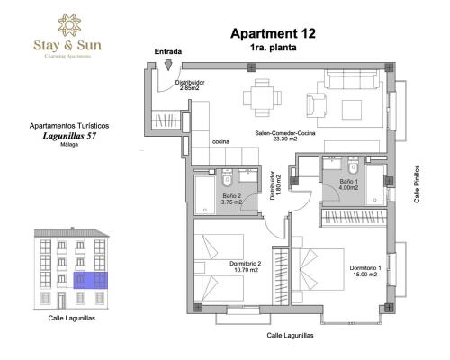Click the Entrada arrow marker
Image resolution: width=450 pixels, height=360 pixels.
[x=168, y=65]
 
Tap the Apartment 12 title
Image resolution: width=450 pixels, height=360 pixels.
[x=273, y=33]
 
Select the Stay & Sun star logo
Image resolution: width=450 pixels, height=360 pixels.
[x=69, y=25]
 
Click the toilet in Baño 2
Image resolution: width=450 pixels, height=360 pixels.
[x=227, y=178]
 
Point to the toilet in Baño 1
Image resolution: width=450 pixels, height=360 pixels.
[x=353, y=166]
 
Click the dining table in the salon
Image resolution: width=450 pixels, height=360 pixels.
[x=263, y=97]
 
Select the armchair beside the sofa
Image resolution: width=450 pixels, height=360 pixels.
[x=316, y=105]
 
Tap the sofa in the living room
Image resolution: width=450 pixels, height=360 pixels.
[x=352, y=78]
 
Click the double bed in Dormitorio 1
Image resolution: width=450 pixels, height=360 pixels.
[x=321, y=269]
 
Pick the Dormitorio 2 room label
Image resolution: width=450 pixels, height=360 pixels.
[x=246, y=264]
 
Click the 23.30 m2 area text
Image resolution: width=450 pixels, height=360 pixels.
[x=285, y=139]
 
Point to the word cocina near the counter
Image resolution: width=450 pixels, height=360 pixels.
[x=220, y=142]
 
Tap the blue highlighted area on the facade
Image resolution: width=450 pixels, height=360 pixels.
[x=91, y=280]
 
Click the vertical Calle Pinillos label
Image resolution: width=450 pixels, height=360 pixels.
[x=417, y=184]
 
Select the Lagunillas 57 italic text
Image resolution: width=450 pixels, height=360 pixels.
[x=69, y=136]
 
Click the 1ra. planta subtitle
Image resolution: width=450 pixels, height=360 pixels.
[x=273, y=48]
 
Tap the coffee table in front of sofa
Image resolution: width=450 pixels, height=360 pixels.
[x=352, y=110]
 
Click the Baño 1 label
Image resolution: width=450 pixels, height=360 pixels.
[x=348, y=182]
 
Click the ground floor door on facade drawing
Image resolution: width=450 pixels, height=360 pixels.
[x=62, y=301]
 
